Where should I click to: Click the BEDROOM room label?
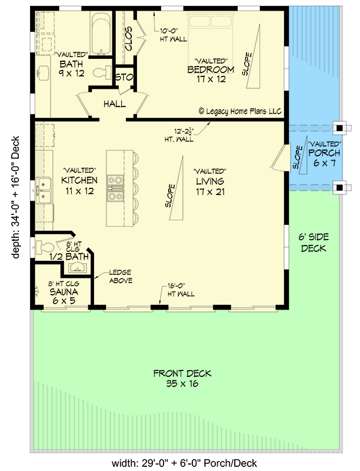[x=211, y=69]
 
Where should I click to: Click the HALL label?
[x=114, y=104]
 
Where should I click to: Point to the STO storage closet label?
[x=123, y=77]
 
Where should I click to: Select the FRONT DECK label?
[x=182, y=373]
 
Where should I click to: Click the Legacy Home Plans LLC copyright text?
[x=240, y=110]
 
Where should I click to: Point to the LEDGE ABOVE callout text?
[x=120, y=276]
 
